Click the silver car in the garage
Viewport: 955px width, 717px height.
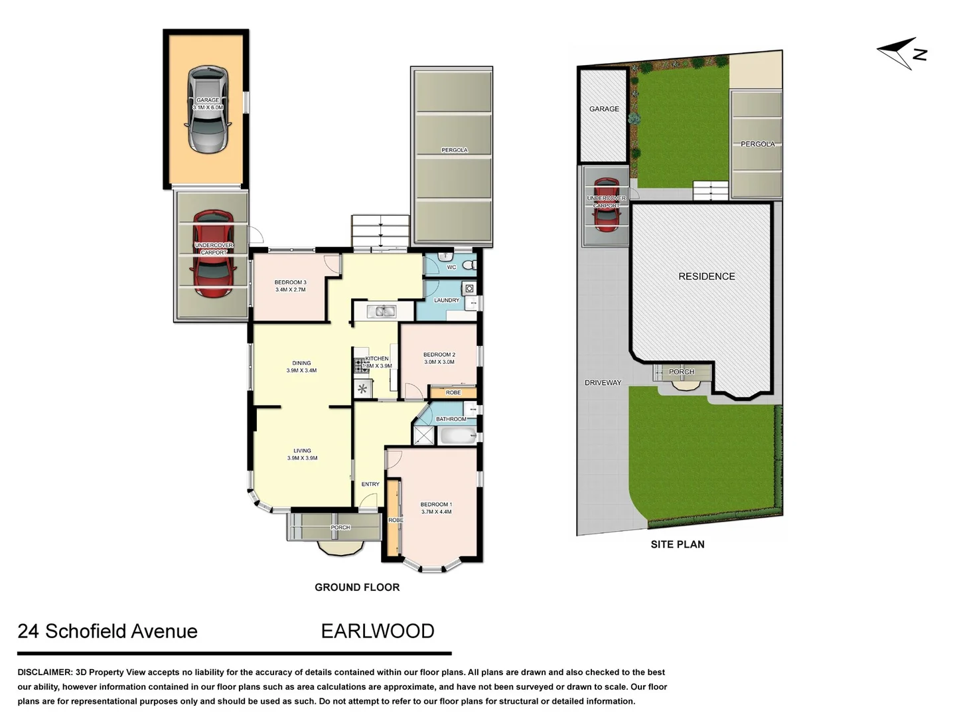(208, 110)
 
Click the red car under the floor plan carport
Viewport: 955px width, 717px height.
(213, 254)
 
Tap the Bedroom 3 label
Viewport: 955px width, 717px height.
(290, 286)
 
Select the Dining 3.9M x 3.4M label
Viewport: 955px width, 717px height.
(301, 367)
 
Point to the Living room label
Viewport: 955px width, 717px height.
(302, 454)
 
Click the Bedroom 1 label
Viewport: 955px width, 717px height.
(436, 508)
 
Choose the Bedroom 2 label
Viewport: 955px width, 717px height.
(439, 358)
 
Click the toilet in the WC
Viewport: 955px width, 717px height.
(469, 266)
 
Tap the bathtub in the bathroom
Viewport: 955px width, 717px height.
(457, 436)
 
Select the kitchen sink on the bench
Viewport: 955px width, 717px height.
(382, 311)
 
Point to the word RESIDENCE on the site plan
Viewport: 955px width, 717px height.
(706, 276)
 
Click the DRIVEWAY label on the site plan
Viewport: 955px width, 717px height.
(603, 383)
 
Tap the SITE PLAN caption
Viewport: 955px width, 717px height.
(677, 544)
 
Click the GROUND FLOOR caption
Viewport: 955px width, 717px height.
(357, 588)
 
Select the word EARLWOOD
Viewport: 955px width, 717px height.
(378, 631)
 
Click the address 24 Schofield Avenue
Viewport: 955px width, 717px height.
(108, 631)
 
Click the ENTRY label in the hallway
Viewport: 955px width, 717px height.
(370, 484)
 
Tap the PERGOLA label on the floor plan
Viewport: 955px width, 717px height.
(455, 150)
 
